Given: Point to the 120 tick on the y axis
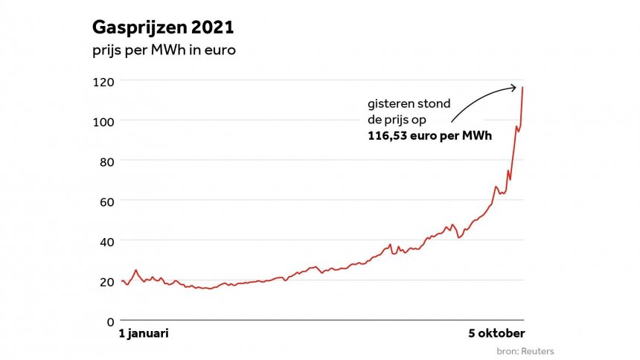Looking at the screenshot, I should (x=100, y=80).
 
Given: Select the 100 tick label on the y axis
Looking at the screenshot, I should (x=100, y=120).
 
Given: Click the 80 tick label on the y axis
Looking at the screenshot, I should (x=103, y=161).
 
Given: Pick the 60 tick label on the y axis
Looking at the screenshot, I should (x=103, y=201).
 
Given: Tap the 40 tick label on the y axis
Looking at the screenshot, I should (x=103, y=241).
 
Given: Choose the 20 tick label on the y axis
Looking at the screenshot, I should (x=103, y=281).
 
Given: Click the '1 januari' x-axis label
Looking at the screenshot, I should (x=144, y=333).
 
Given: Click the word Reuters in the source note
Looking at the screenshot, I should (x=539, y=351).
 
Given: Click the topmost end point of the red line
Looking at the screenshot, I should (x=522, y=88).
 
